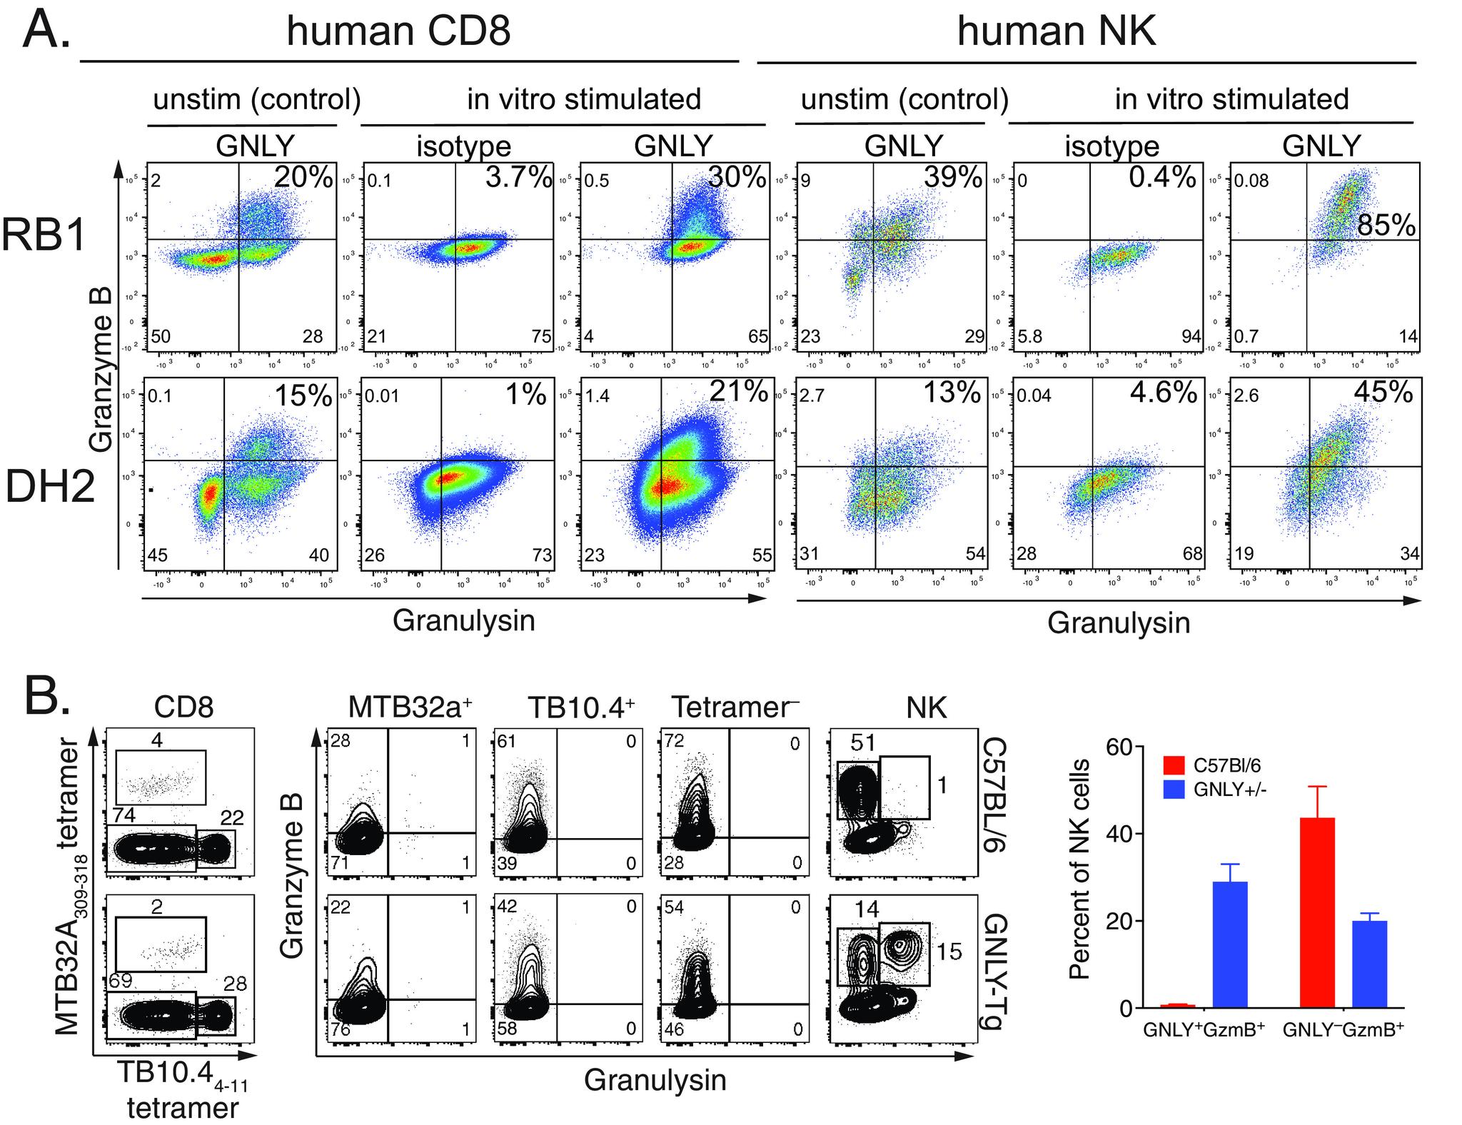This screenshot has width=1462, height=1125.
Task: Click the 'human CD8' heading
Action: [398, 32]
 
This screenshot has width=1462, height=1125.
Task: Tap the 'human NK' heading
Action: [1056, 32]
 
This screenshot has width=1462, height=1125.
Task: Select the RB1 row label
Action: [44, 234]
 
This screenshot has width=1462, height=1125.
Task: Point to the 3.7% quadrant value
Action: [518, 177]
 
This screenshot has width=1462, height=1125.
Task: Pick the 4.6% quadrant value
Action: [1163, 392]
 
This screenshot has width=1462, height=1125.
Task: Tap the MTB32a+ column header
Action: [410, 707]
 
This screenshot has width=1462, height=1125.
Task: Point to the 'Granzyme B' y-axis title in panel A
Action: [102, 385]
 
